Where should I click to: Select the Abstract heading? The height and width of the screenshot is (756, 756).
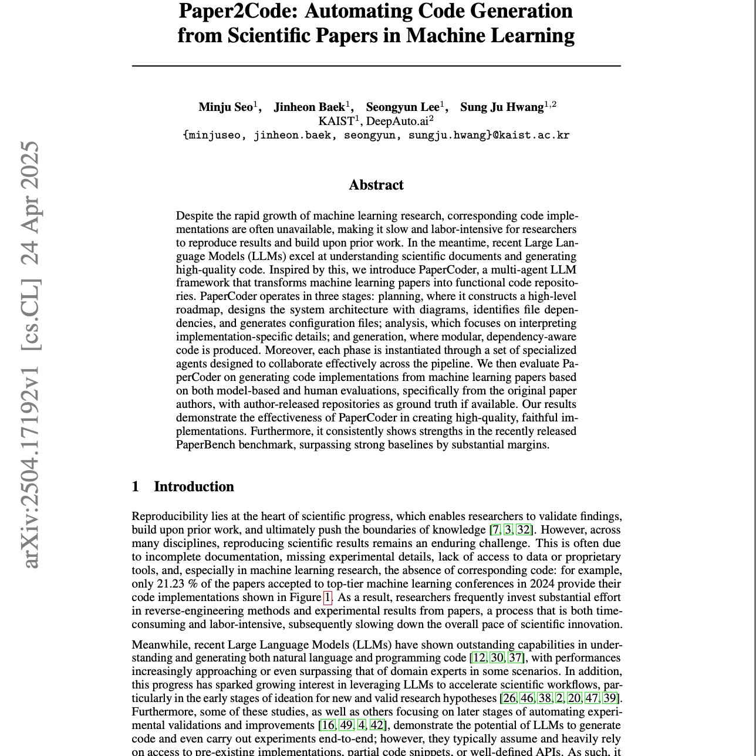(376, 185)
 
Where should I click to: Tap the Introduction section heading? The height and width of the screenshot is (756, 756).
(194, 487)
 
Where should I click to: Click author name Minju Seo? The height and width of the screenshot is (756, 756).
(225, 107)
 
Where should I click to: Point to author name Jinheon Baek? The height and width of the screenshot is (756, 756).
(309, 107)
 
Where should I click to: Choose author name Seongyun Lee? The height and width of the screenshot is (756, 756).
(403, 107)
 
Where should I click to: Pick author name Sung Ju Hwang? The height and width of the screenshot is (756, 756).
(502, 107)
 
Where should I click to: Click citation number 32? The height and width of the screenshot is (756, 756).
(523, 529)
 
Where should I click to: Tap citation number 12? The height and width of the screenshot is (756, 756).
(479, 657)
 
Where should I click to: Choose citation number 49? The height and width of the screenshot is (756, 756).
(346, 725)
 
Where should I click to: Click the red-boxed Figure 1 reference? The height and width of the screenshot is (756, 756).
(328, 598)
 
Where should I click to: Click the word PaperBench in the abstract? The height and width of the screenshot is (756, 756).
(206, 444)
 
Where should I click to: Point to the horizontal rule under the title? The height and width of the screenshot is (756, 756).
(376, 66)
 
